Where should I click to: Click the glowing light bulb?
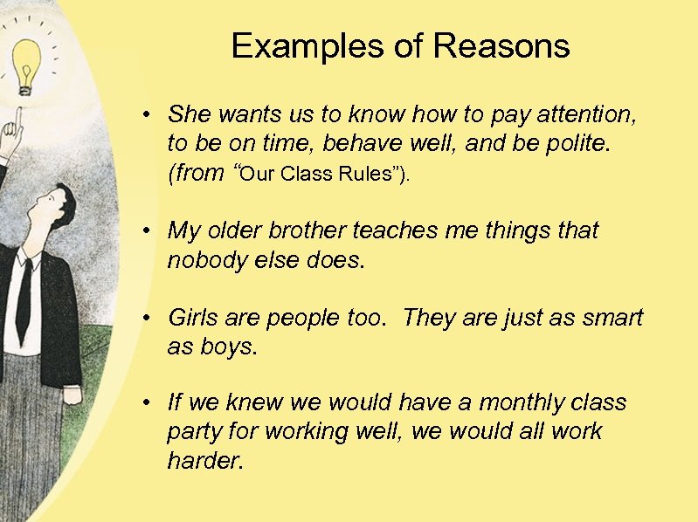pyautogui.click(x=26, y=65)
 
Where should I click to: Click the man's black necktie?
pyautogui.click(x=24, y=297)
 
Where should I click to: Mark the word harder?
pyautogui.click(x=204, y=461)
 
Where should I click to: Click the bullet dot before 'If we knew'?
pyautogui.click(x=150, y=403)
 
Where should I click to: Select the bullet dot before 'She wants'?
pyautogui.click(x=150, y=114)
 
